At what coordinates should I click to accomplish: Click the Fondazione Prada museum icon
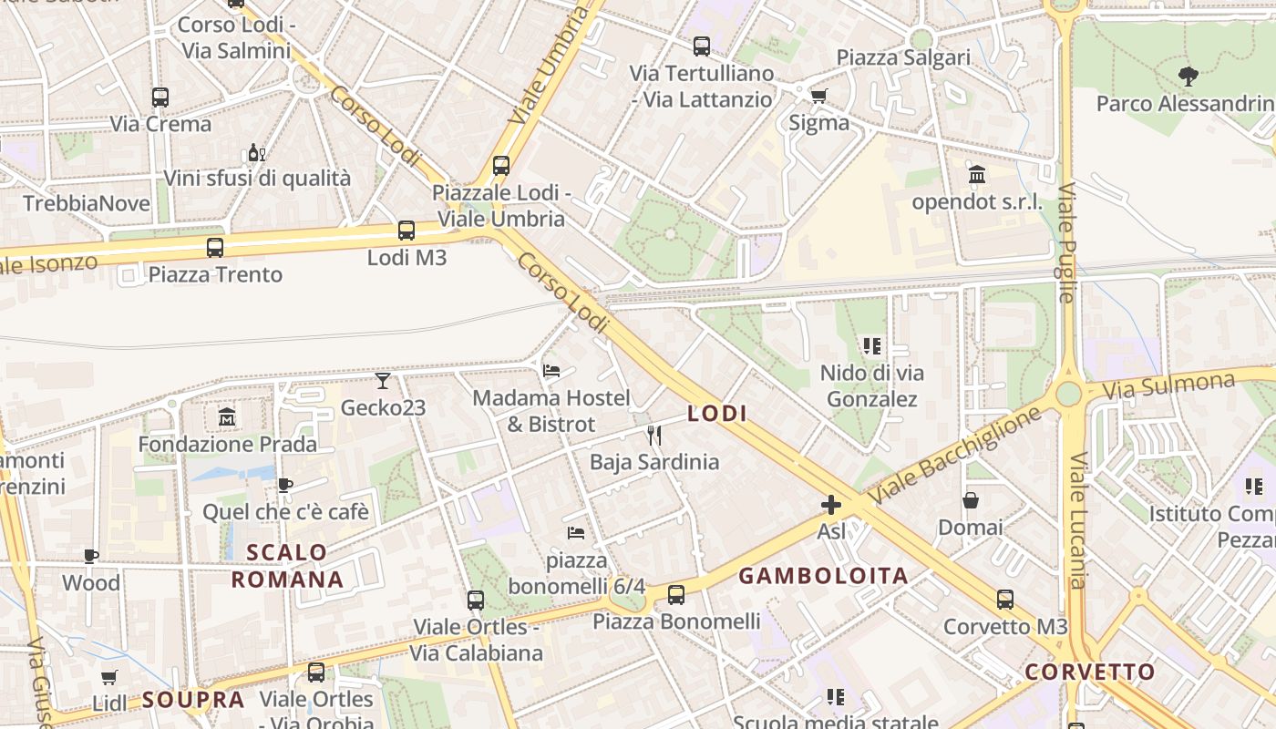coord(227,417)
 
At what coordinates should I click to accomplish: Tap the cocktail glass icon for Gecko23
coord(383,381)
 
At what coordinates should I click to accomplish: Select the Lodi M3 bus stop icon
coord(406,231)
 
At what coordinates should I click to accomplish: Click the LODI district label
coord(717,414)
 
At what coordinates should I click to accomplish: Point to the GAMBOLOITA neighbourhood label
coord(823,576)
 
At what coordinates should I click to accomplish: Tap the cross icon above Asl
coord(831,505)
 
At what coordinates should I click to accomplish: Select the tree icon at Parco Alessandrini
coord(1188,77)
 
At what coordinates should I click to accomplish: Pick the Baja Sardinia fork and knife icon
coord(653,436)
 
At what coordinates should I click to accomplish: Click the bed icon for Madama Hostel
coord(551,371)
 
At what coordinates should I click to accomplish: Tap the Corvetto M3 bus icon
coord(1004,600)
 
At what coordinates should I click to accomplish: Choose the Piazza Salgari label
coord(903,57)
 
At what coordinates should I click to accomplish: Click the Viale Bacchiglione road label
coord(954,456)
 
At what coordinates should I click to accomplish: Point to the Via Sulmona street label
coord(1168,385)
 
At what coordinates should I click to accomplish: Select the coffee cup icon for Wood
coord(91,556)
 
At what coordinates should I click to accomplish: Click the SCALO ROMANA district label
coord(287,566)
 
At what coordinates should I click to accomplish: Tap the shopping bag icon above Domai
coord(971,500)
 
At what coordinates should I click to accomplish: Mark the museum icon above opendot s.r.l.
coord(977,174)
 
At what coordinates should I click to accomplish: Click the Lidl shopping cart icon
coord(109,677)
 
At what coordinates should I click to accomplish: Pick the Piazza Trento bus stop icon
coord(215,247)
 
